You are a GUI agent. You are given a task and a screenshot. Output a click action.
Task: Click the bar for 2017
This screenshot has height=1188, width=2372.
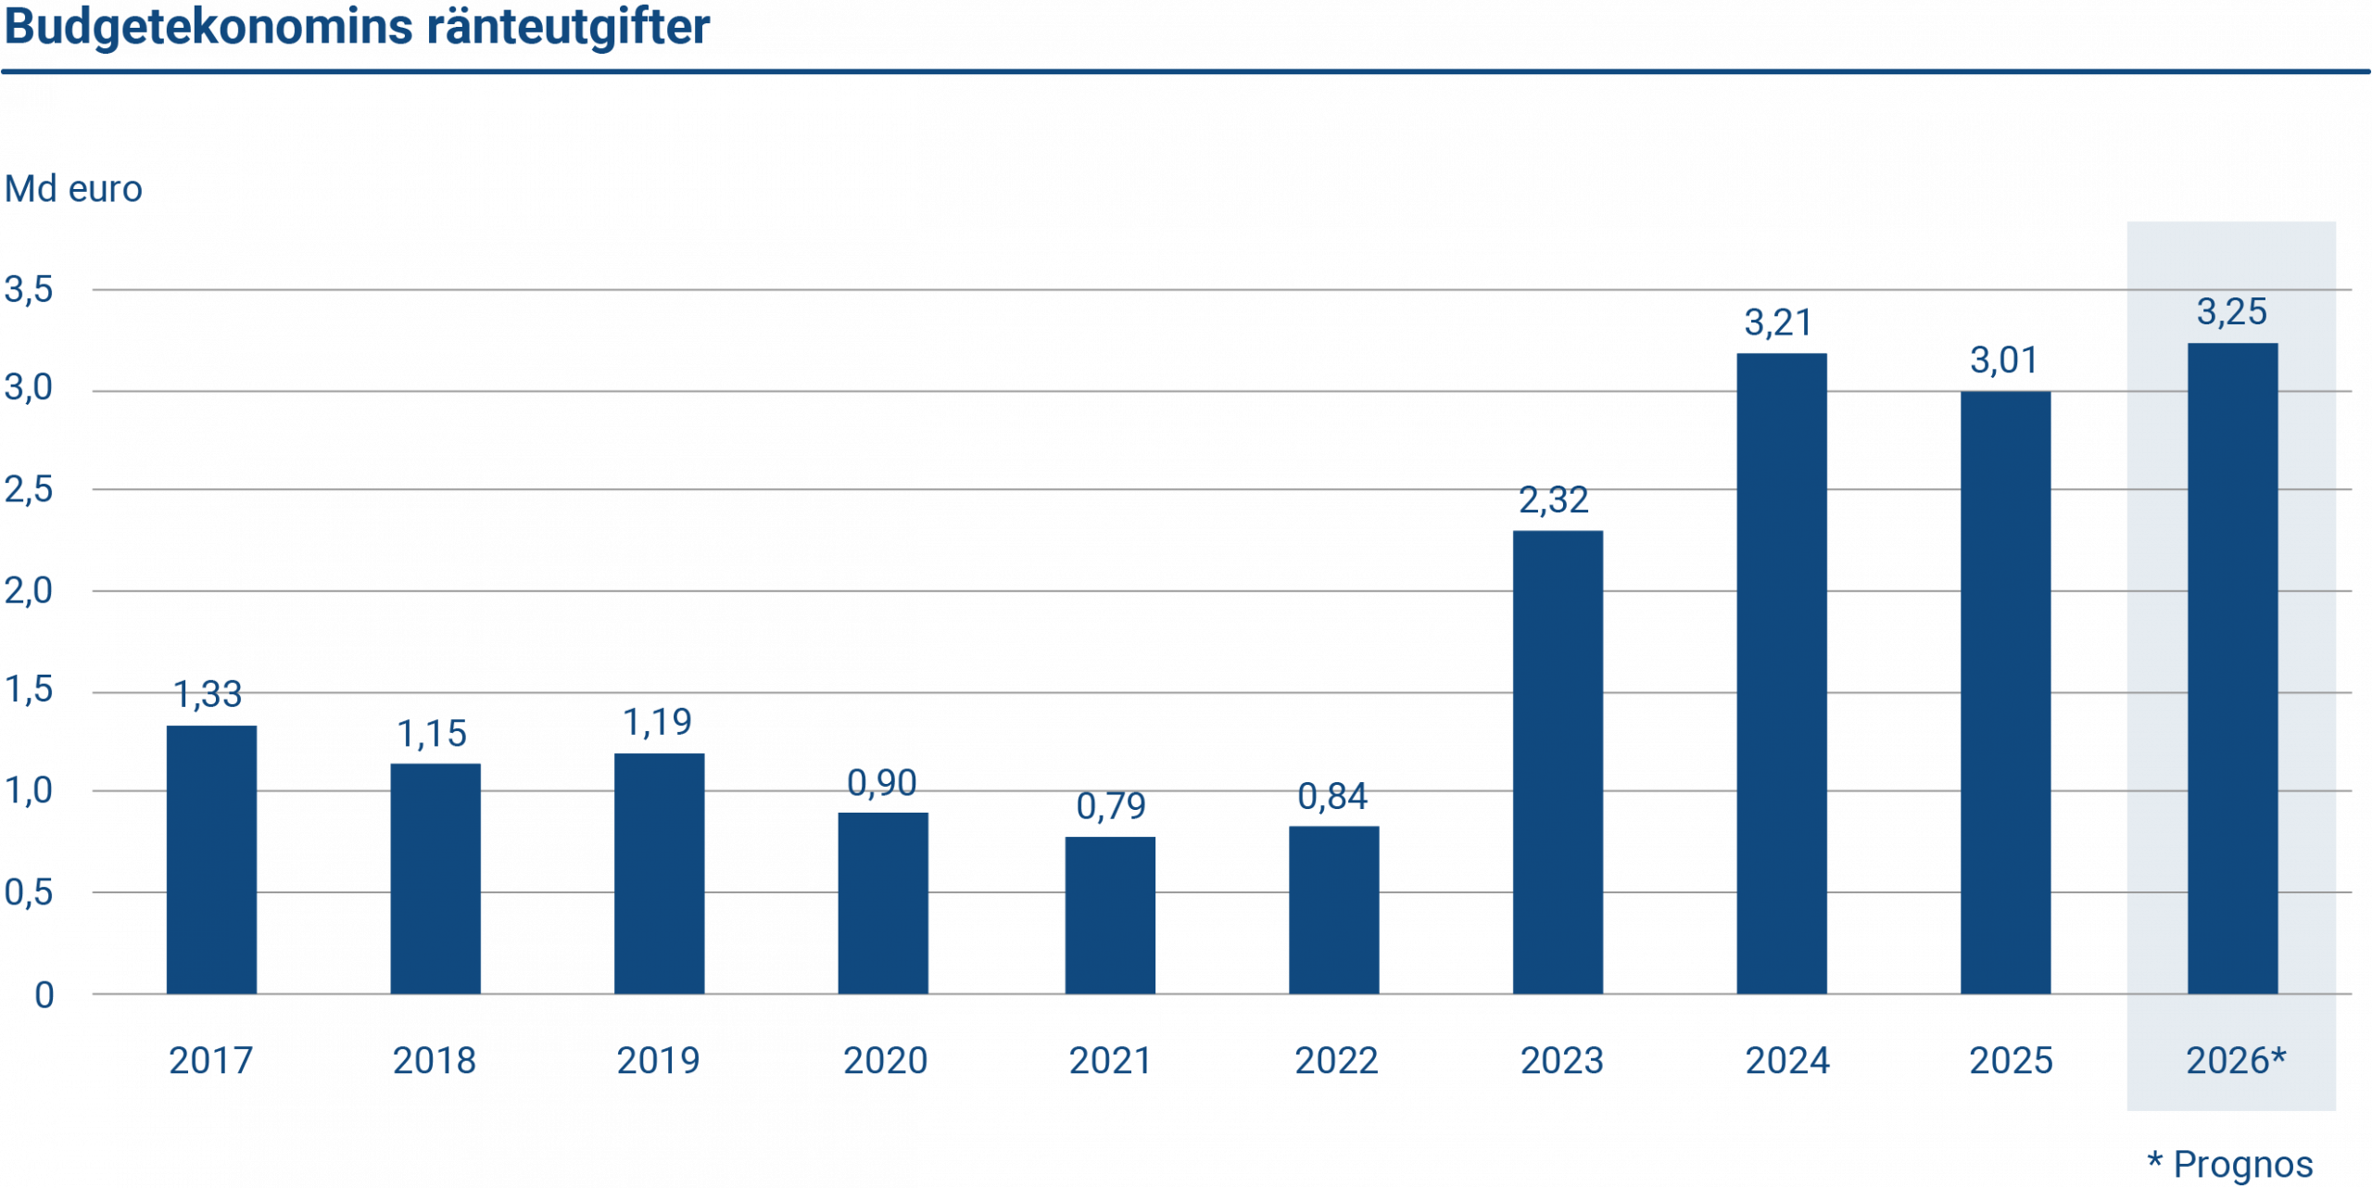click(x=211, y=859)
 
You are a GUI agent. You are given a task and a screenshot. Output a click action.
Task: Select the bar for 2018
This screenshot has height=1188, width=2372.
click(x=435, y=878)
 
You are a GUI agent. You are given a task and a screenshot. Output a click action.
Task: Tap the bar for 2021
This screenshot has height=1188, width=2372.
click(x=1110, y=915)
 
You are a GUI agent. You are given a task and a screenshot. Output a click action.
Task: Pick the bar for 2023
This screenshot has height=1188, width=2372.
click(x=1558, y=762)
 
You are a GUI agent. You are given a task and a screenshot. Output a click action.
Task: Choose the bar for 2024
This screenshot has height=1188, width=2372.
click(x=1782, y=673)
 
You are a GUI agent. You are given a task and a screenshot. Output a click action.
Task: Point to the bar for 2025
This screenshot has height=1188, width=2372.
click(x=2005, y=692)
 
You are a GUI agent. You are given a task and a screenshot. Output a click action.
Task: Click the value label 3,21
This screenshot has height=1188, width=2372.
click(x=1778, y=322)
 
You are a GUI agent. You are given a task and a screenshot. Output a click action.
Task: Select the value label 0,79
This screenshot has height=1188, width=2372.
click(x=1111, y=806)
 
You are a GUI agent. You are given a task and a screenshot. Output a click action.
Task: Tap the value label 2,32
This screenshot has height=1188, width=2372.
click(x=1554, y=500)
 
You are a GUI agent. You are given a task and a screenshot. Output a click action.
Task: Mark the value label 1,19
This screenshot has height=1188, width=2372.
click(x=657, y=722)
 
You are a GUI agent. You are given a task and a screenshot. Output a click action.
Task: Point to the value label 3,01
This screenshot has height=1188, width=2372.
click(x=2003, y=360)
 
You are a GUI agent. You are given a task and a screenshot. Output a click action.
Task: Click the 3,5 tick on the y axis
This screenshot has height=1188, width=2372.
click(x=29, y=290)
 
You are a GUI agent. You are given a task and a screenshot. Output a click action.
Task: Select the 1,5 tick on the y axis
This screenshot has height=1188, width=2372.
click(x=29, y=690)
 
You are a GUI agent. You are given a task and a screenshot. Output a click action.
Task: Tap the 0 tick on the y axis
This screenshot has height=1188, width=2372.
click(x=44, y=995)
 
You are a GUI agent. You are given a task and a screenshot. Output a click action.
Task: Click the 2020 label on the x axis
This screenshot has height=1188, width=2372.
click(x=885, y=1061)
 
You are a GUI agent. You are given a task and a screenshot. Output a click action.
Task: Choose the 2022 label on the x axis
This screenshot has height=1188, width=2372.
click(x=1335, y=1061)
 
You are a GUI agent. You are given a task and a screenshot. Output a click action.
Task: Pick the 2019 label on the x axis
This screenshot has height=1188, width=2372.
click(x=659, y=1061)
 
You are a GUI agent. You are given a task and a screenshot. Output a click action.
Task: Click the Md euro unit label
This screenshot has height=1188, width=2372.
click(x=73, y=189)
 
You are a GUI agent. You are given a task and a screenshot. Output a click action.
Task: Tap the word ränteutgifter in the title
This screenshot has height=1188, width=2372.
click(x=568, y=28)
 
